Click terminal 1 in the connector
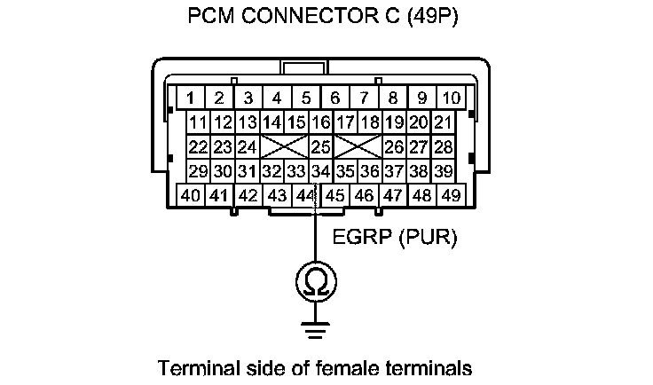pos(190,98)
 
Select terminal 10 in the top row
pos(451,98)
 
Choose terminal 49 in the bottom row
pos(451,194)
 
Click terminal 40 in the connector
pos(190,194)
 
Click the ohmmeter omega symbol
pos(316,283)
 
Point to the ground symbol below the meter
pos(316,329)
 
